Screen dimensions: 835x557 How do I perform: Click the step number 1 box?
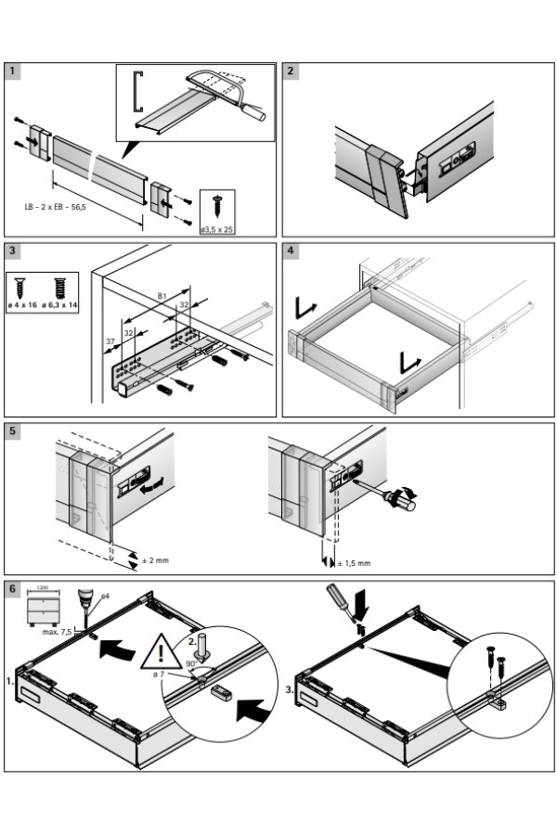point(14,71)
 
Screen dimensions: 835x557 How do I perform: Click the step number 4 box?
point(291,250)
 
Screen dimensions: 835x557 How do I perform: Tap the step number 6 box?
point(14,589)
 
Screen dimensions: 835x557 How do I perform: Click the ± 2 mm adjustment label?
point(155,559)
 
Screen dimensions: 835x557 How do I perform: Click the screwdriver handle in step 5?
point(404,503)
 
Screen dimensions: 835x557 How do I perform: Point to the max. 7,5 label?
point(57,631)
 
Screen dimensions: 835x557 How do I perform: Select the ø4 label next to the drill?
point(105,596)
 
